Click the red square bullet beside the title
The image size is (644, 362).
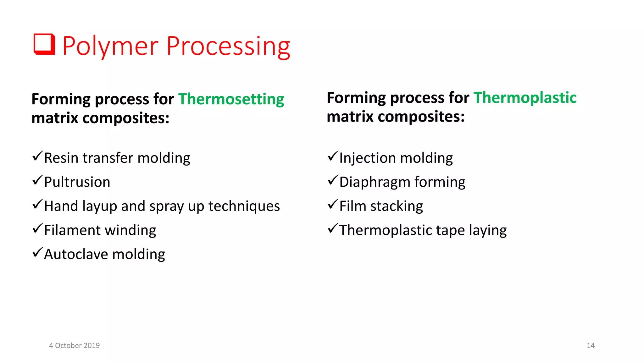(44, 44)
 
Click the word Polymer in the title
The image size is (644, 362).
(110, 47)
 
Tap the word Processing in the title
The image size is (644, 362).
(228, 47)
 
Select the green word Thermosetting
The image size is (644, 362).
(231, 99)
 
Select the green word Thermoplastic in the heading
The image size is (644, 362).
(525, 98)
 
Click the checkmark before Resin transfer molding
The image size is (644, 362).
(37, 156)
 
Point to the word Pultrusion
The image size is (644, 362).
(77, 182)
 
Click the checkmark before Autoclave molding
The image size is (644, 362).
(37, 252)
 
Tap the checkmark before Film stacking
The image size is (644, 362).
(333, 204)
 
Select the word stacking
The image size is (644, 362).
(397, 206)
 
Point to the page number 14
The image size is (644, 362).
(591, 346)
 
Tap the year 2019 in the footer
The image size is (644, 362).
(92, 346)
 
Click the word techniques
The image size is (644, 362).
(244, 206)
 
